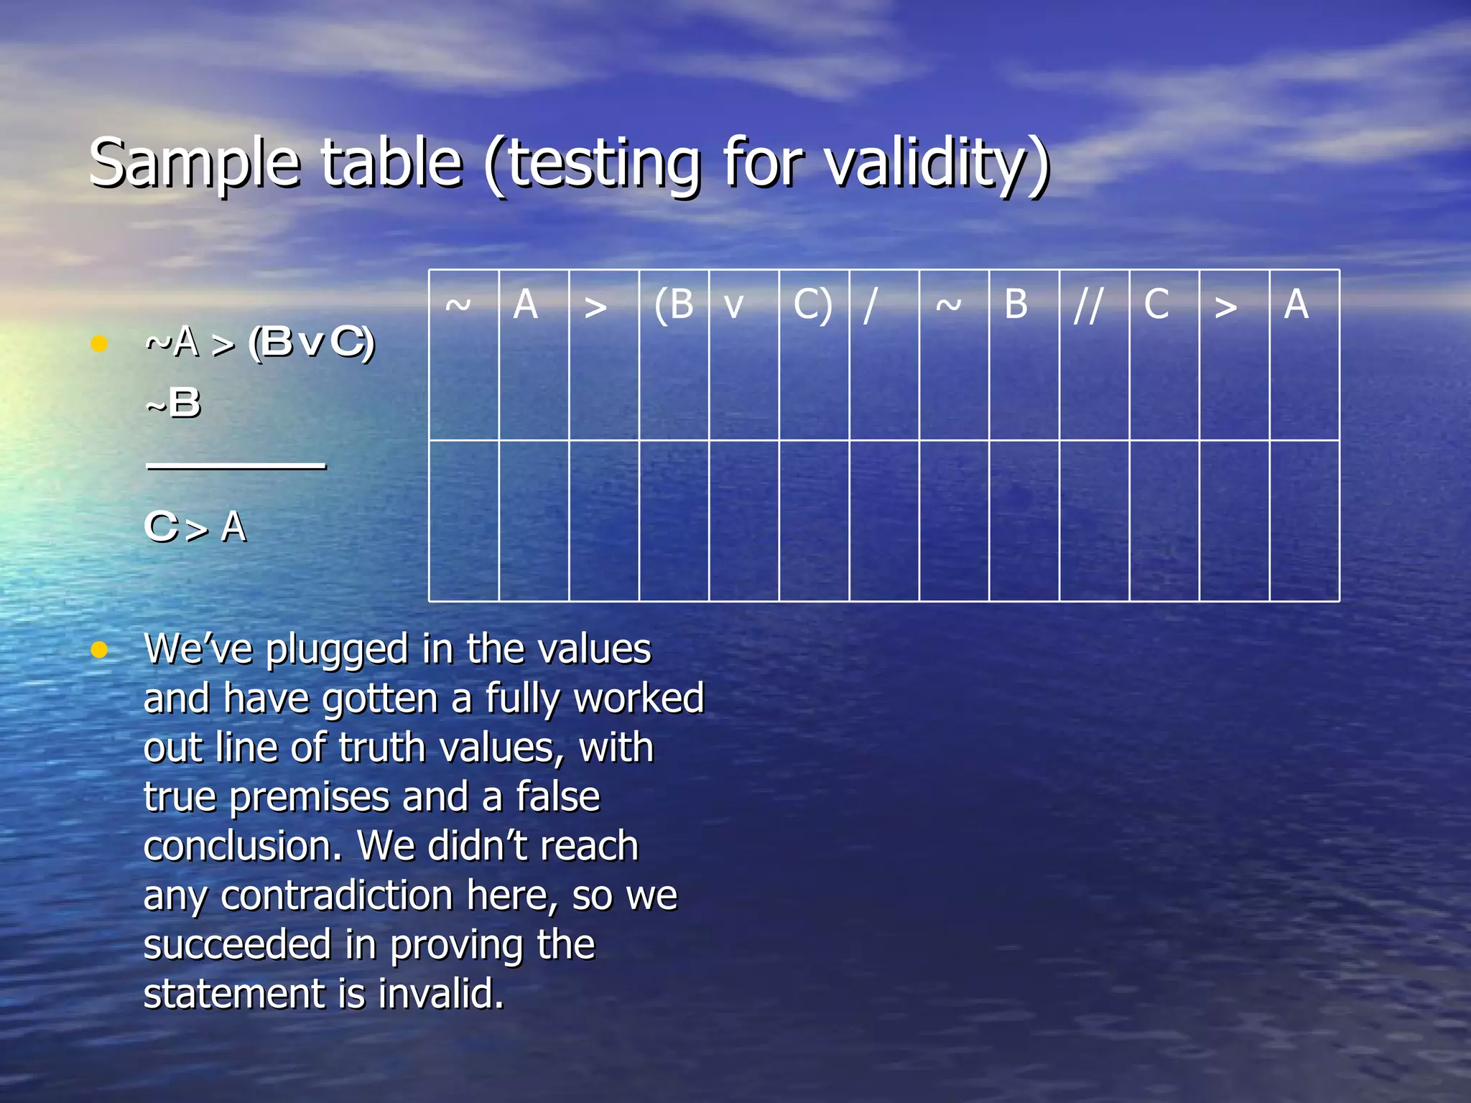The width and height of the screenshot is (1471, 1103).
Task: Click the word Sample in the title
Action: pyautogui.click(x=194, y=164)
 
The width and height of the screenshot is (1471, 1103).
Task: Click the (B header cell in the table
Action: pyautogui.click(x=674, y=304)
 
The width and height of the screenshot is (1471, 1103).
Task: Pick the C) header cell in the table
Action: pyautogui.click(x=813, y=304)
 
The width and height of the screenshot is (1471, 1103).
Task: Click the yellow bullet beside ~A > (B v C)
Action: pyautogui.click(x=99, y=343)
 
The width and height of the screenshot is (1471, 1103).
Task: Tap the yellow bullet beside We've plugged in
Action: pyautogui.click(x=99, y=650)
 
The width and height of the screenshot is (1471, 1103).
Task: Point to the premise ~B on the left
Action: pyautogui.click(x=173, y=403)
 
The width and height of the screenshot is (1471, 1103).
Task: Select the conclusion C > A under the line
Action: pyautogui.click(x=195, y=527)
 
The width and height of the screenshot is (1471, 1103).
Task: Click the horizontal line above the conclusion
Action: pyautogui.click(x=236, y=466)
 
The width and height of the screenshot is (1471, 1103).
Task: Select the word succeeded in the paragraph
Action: pyautogui.click(x=237, y=945)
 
